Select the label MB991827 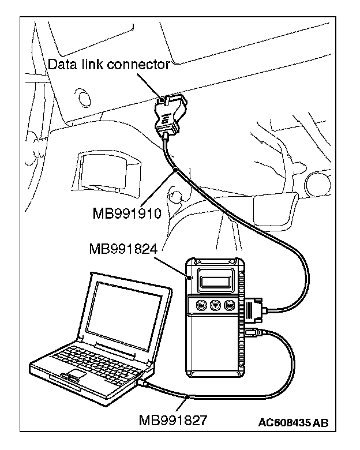tap(172, 419)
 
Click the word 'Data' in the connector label tap(61, 64)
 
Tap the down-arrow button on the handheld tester tap(215, 305)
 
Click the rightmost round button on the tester tap(229, 305)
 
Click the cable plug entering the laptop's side tap(143, 382)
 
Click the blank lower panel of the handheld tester tap(214, 352)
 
